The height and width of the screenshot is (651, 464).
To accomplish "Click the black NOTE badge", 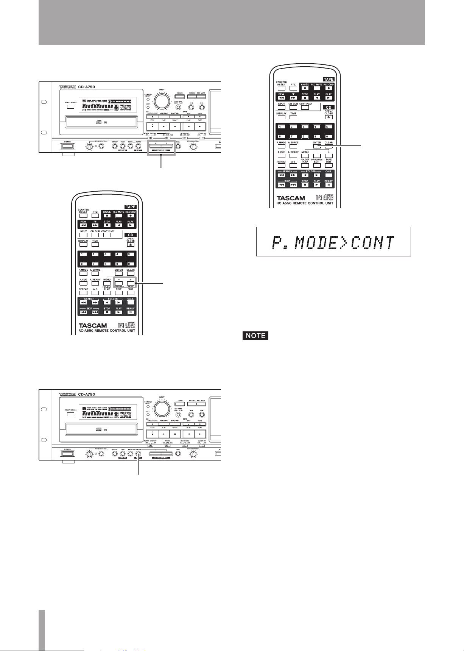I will tap(255, 336).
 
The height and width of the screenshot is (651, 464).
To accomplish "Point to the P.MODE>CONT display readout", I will tap(333, 242).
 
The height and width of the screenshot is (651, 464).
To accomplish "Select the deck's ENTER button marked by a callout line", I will tap(138, 454).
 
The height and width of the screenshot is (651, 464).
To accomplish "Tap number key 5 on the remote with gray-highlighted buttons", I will tap(131, 254).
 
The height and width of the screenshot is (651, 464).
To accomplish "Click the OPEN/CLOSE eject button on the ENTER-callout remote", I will tap(329, 117).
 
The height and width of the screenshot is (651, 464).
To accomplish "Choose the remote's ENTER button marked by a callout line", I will tap(317, 146).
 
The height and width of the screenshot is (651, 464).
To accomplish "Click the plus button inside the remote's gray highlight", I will tap(131, 283).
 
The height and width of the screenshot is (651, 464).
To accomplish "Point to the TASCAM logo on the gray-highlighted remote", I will tap(93, 325).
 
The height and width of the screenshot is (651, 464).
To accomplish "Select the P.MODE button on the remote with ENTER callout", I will tap(281, 146).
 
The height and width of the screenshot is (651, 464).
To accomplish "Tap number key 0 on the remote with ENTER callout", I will tap(329, 136).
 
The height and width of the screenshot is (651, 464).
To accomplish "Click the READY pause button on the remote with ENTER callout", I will tap(329, 185).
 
